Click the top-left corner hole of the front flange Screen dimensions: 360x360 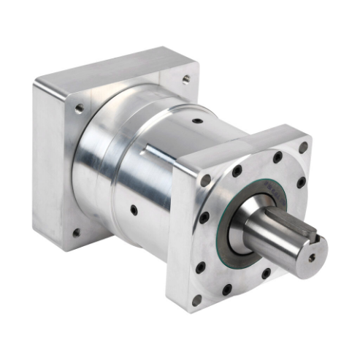point(206,178)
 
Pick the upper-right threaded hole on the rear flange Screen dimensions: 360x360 point(185,78)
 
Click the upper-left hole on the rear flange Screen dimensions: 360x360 point(78,109)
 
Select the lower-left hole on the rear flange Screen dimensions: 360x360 point(76,233)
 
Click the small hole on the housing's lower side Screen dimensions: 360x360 point(133,210)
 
